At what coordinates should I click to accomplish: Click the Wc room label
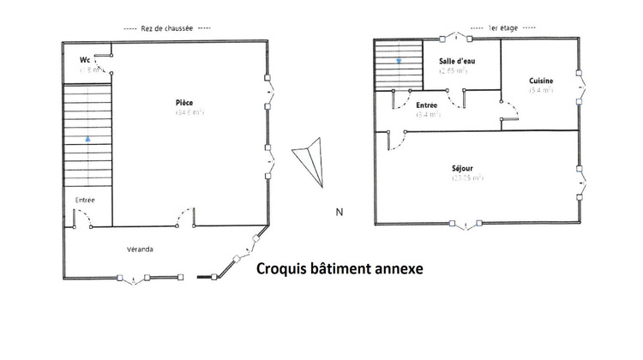pyautogui.click(x=85, y=60)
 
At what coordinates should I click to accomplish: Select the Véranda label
pyautogui.click(x=140, y=249)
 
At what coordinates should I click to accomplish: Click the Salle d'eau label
pyautogui.click(x=453, y=61)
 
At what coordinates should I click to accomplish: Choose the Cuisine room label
pyautogui.click(x=541, y=80)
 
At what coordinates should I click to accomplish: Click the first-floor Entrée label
pyautogui.click(x=426, y=104)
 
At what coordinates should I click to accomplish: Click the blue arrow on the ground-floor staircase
pyautogui.click(x=87, y=137)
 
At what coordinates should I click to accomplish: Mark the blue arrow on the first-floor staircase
pyautogui.click(x=399, y=61)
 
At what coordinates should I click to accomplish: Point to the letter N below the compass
pyautogui.click(x=340, y=212)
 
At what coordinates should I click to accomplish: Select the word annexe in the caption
pyautogui.click(x=394, y=269)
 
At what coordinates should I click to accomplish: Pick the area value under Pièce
pyautogui.click(x=189, y=112)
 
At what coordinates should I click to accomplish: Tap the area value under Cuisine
pyautogui.click(x=541, y=89)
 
